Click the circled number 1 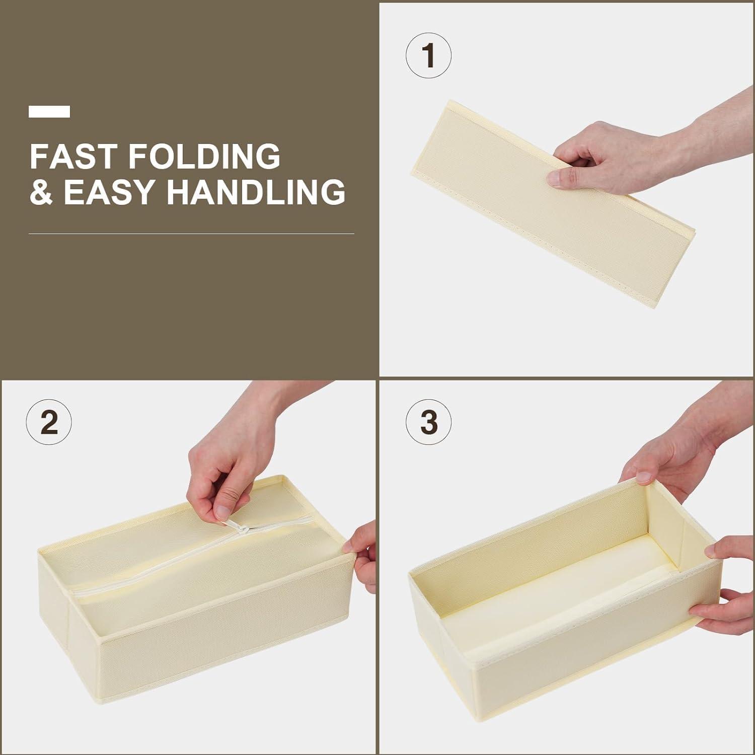pos(428,56)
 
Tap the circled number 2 pos(49,423)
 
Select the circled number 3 pos(428,423)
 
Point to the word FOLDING pos(204,156)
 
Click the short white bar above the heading pos(49,112)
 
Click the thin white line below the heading pos(191,234)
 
